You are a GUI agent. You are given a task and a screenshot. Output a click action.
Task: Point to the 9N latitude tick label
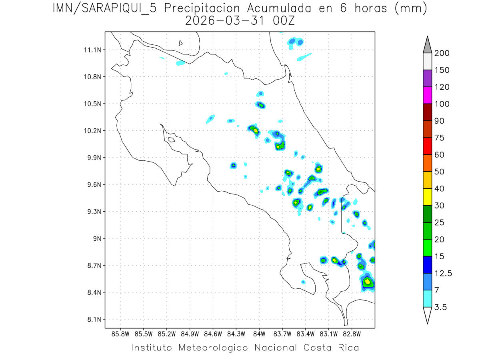tap(98, 238)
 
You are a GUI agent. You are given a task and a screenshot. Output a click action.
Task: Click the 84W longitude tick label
tap(259, 334)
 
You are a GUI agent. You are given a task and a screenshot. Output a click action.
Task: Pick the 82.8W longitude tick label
tap(352, 334)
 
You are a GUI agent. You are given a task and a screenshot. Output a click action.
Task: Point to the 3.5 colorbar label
tap(441, 307)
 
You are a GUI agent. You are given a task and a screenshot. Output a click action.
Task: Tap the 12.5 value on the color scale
tap(443, 273)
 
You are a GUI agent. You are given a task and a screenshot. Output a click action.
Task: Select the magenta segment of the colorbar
tap(427, 95)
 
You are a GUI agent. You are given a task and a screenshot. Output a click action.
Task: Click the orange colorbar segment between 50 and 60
tap(427, 163)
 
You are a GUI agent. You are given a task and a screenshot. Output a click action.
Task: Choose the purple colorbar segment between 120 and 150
tap(427, 78)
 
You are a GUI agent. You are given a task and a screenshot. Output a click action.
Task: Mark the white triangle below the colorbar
tap(427, 315)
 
